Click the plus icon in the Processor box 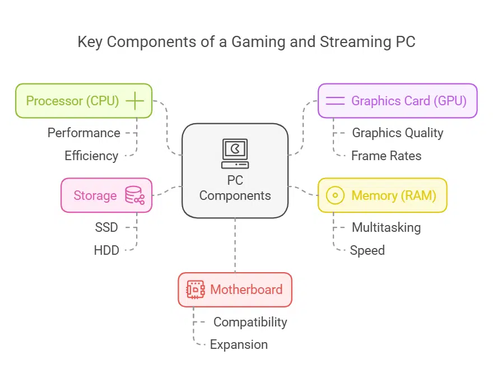coord(135,101)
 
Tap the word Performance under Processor coord(83,133)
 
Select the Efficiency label coord(91,156)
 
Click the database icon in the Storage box coord(134,195)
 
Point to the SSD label coord(106,227)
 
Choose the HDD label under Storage coord(106,250)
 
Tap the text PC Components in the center coord(235,189)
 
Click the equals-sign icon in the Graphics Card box coord(335,101)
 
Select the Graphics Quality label coord(397,133)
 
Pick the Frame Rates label coord(386,156)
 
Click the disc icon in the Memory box coord(335,195)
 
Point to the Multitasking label coord(386,227)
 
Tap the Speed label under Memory coord(367,250)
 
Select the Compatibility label coord(250,322)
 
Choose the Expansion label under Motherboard coord(239,345)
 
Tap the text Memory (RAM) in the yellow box coord(393,195)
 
